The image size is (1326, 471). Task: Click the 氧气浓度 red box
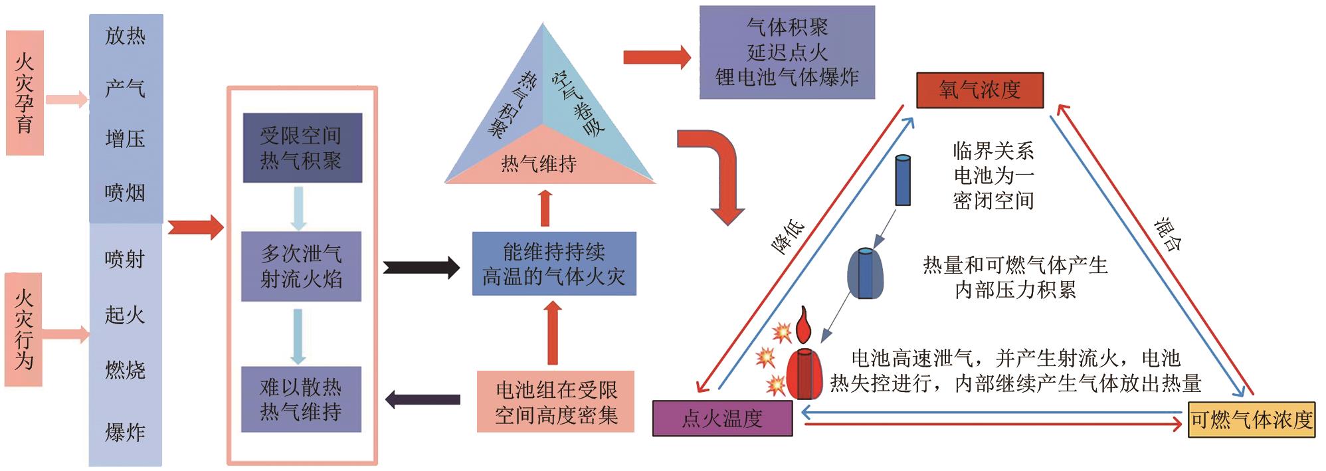point(979,90)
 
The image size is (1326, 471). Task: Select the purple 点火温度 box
point(722,419)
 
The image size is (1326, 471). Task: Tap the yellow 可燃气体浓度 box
point(1252,419)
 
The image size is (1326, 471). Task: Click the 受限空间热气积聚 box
point(302,148)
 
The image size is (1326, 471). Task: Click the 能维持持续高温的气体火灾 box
point(553,264)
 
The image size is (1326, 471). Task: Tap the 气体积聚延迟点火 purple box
point(787,52)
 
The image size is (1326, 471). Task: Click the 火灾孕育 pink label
point(25,93)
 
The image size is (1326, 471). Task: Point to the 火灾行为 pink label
point(24,330)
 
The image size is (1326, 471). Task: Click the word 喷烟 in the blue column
point(125,193)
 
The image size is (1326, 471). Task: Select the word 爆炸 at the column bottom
point(125,432)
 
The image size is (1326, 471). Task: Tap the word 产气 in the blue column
point(125,88)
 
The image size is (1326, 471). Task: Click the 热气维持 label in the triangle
point(539,164)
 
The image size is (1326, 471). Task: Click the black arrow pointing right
point(421,268)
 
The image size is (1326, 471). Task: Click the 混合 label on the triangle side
point(1168,235)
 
